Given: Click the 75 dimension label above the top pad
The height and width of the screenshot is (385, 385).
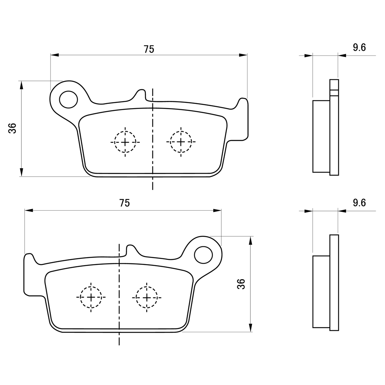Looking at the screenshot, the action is coord(149,49).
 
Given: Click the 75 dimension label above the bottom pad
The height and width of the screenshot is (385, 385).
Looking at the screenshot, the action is coord(124,203).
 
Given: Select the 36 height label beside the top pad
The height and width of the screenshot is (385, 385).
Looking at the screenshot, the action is coord(12,128).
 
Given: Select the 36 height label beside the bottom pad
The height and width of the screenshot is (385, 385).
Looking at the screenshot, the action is coord(241,284).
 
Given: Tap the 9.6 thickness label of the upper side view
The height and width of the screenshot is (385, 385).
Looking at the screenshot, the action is coord(359,47).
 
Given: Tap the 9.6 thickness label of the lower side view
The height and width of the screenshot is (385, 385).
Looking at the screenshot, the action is coord(359,203).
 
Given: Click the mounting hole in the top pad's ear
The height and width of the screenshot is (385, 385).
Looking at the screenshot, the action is coord(69,99).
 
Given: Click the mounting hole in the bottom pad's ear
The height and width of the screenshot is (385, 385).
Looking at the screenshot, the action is coord(203,255).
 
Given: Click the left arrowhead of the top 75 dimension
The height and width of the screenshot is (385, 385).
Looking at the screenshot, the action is coord(55,55).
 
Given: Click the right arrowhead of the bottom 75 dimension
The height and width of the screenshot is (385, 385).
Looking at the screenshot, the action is coord(217,211).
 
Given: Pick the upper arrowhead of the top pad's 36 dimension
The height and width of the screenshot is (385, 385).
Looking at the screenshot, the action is coord(22,85).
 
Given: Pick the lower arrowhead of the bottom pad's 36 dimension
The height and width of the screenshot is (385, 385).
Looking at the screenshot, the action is coord(251,328).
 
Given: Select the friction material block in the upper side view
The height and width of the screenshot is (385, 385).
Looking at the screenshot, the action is coord(321,136).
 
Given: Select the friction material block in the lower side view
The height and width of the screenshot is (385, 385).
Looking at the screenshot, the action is coord(321,292).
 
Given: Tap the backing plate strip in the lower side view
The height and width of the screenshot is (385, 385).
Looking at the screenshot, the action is coord(334,283).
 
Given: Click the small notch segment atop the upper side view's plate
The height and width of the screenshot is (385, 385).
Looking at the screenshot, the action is coord(334,92).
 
